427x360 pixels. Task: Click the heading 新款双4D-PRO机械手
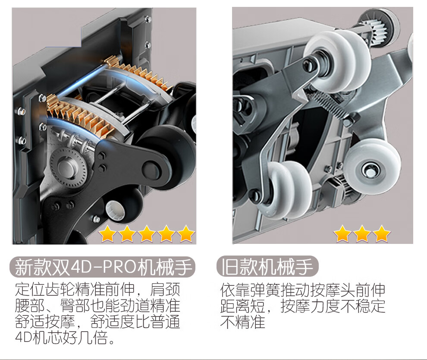tap(103, 267)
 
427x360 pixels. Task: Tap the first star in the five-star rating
tap(107, 234)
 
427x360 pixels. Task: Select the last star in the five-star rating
tap(186, 234)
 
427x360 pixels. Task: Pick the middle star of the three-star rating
tap(362, 234)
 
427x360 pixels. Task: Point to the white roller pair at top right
tap(338, 60)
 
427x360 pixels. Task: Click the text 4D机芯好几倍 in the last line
tap(62, 338)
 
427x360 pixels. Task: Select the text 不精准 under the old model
tap(243, 322)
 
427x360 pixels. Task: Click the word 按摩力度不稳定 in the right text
tap(333, 306)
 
